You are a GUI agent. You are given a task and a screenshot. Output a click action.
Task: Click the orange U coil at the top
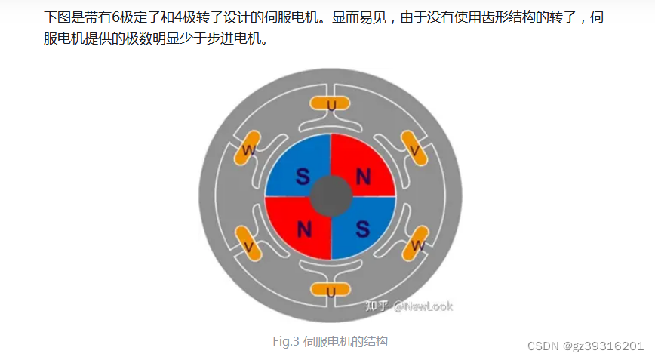[x=331, y=104]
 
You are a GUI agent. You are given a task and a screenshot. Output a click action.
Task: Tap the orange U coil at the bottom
[x=331, y=289]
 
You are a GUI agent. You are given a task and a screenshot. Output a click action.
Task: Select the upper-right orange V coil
[x=414, y=148]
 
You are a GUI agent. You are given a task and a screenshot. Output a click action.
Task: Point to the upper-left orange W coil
[x=248, y=148]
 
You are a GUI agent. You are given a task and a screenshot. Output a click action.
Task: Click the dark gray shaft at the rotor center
[x=331, y=197]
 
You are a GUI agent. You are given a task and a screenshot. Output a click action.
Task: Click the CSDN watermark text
[x=542, y=346]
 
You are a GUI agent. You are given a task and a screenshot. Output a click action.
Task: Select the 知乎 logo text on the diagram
[x=377, y=306]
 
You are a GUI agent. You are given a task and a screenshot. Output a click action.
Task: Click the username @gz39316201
[x=603, y=346]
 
